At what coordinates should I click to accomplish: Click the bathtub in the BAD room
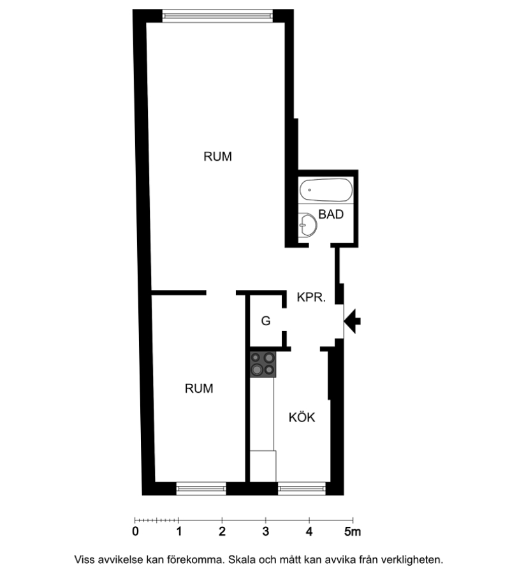326,189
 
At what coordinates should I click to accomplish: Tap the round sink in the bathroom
308,224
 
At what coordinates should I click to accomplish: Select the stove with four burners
263,364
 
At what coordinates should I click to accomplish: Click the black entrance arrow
353,321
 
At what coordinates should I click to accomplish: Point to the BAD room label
331,214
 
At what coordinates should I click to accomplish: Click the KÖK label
302,417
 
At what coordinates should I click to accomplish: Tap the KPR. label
311,297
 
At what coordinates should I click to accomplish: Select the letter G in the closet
266,321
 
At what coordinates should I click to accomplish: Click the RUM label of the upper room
218,156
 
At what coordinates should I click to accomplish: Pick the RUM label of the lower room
199,388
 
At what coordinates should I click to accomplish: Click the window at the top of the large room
217,16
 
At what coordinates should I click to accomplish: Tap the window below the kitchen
302,489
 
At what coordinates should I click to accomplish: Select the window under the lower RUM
201,489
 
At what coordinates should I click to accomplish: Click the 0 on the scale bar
135,531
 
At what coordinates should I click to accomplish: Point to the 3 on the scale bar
266,531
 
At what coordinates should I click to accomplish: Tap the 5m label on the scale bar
353,531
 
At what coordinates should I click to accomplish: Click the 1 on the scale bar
179,531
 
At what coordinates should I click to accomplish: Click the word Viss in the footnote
85,560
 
